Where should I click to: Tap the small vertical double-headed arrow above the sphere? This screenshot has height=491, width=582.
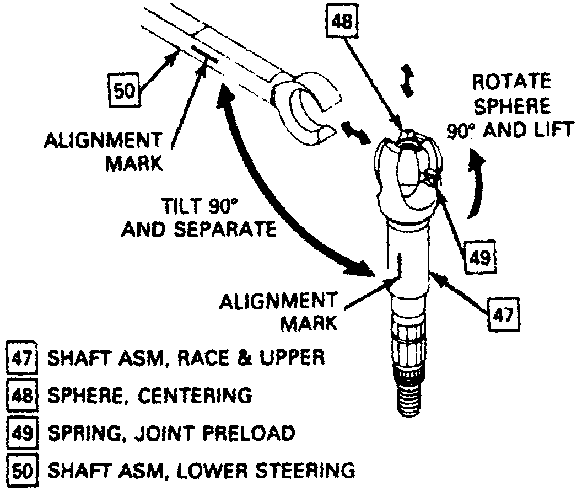[407, 81]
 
